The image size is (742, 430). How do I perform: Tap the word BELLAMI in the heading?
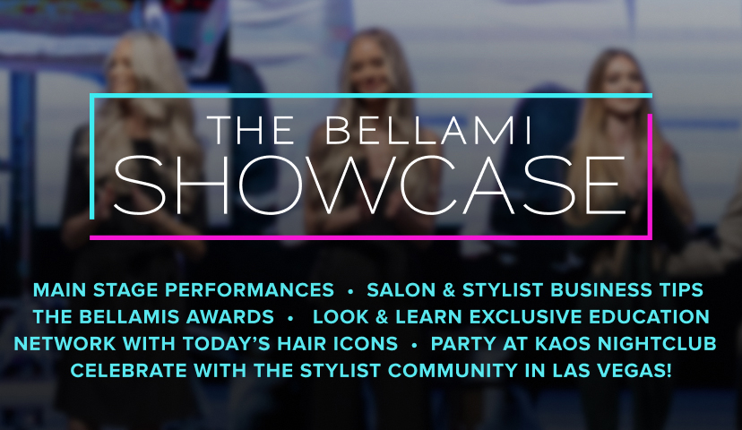[428, 131]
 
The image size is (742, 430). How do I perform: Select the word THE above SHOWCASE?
[251, 131]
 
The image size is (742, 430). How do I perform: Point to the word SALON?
[401, 290]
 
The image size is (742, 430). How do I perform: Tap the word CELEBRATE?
[129, 370]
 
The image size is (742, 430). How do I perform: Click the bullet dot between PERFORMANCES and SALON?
[350, 292]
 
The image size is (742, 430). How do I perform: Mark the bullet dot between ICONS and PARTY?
[415, 346]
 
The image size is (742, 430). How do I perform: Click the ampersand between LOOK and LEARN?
[382, 317]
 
